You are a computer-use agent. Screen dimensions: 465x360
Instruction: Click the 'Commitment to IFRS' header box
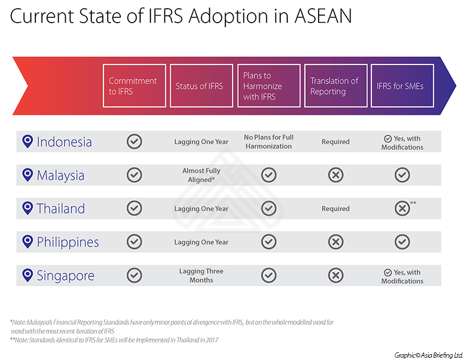pyautogui.click(x=134, y=85)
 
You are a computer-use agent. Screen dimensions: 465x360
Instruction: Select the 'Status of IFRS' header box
pyautogui.click(x=201, y=85)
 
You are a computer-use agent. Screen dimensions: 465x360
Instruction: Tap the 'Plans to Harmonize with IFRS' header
pyautogui.click(x=269, y=85)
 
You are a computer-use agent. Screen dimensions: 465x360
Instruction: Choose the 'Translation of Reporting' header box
pyautogui.click(x=336, y=85)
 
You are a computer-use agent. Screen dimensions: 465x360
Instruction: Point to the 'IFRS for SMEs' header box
pyautogui.click(x=402, y=85)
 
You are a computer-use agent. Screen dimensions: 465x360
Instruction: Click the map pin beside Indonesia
pyautogui.click(x=27, y=141)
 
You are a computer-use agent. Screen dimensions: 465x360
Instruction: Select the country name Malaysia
pyautogui.click(x=60, y=175)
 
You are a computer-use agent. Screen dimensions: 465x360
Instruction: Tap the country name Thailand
pyautogui.click(x=61, y=208)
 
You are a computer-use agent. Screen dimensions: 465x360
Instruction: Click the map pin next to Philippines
pyautogui.click(x=27, y=242)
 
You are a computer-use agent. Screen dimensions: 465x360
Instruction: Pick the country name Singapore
pyautogui.click(x=66, y=276)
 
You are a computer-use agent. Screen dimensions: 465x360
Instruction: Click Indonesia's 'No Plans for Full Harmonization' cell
pyautogui.click(x=269, y=142)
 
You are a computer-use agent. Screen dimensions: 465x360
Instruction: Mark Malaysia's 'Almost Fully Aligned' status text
pyautogui.click(x=201, y=175)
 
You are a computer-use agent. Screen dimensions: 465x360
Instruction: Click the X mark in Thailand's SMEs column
pyautogui.click(x=402, y=208)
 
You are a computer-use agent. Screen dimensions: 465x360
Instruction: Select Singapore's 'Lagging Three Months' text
pyautogui.click(x=201, y=276)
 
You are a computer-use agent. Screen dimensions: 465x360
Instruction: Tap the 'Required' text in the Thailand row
pyautogui.click(x=336, y=208)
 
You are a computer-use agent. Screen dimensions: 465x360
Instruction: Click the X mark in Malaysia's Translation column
pyautogui.click(x=336, y=175)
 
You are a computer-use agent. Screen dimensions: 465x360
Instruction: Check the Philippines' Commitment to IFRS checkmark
pyautogui.click(x=134, y=242)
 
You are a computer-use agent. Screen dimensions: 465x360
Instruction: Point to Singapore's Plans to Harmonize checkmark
pyautogui.click(x=269, y=275)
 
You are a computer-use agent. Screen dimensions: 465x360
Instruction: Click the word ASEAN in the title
pyautogui.click(x=323, y=16)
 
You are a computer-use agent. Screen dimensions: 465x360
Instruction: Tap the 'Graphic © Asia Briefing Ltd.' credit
pyautogui.click(x=428, y=355)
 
